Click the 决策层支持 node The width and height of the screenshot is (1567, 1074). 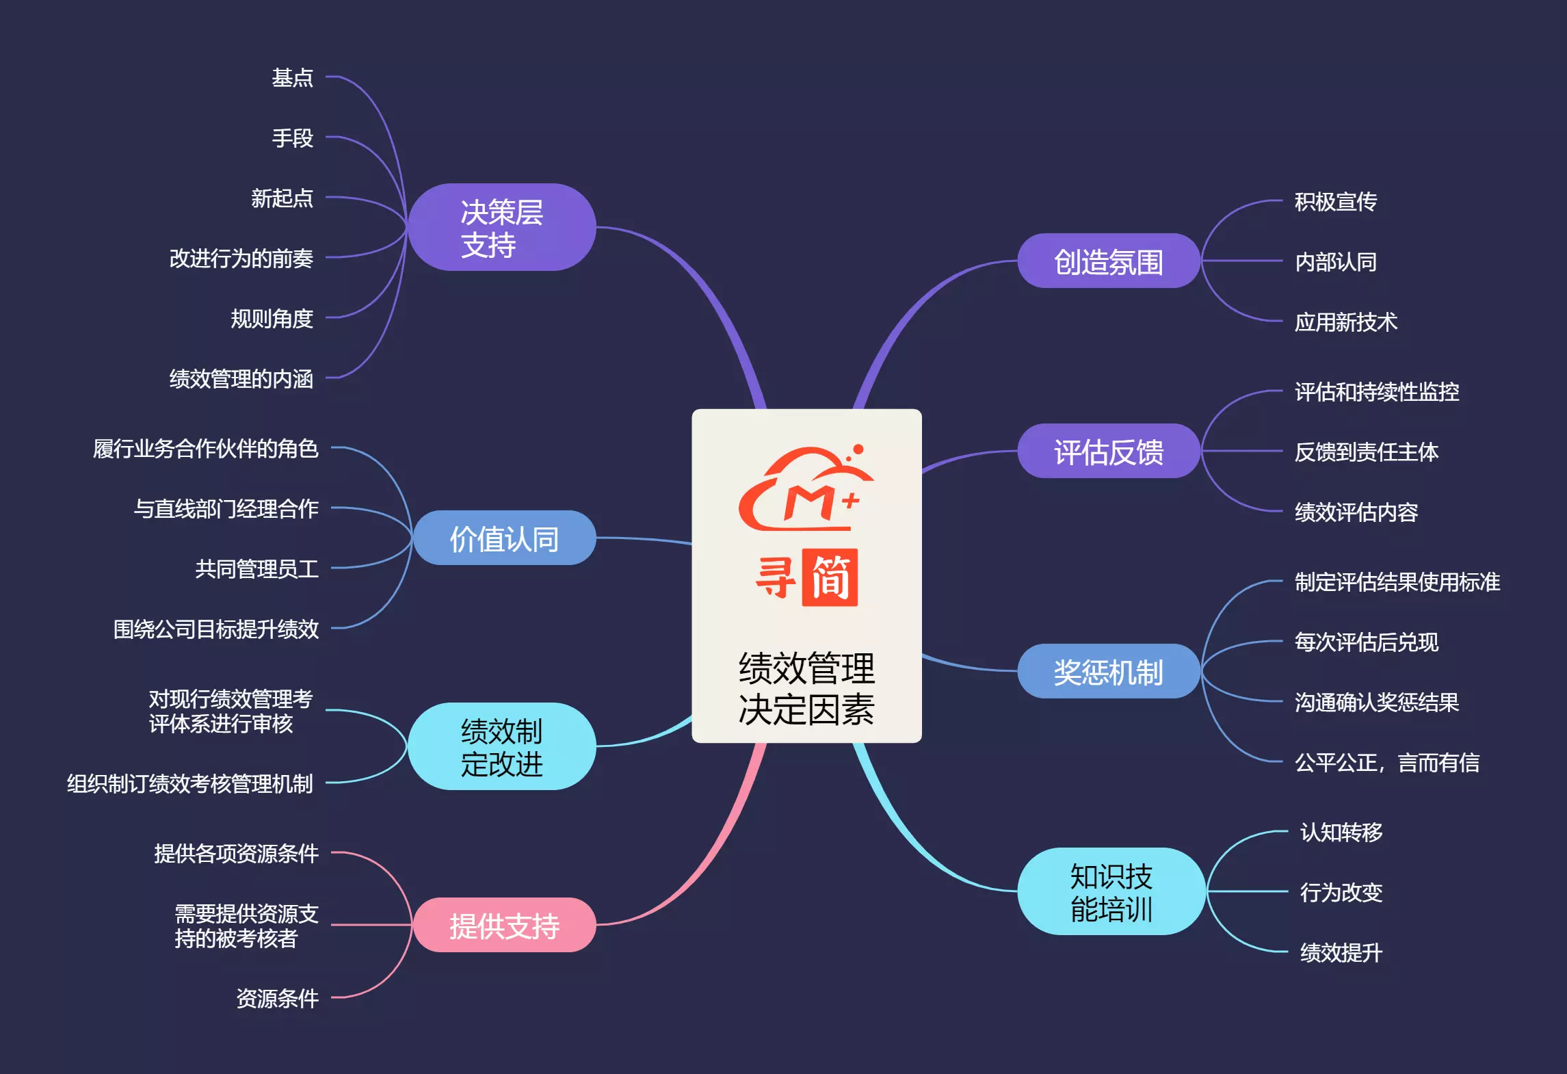(x=501, y=228)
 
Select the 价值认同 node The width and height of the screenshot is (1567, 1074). (x=504, y=538)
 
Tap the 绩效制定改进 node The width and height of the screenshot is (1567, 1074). (x=501, y=746)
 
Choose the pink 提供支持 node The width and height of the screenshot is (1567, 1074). (x=504, y=926)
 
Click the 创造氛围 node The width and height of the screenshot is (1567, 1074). (x=1108, y=261)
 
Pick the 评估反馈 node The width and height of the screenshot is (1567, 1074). (x=1108, y=451)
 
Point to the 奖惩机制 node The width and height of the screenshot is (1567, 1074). (x=1108, y=672)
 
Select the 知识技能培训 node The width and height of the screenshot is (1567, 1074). (x=1111, y=892)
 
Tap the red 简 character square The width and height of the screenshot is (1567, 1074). (x=830, y=578)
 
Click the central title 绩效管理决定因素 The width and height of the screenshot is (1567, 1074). (x=806, y=688)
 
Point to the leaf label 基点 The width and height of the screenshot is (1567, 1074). (x=292, y=78)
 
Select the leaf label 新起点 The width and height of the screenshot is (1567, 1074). (x=282, y=198)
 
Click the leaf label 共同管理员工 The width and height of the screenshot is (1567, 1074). (x=256, y=569)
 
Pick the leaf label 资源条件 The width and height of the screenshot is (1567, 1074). (x=277, y=999)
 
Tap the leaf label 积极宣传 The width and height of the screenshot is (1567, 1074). (x=1335, y=202)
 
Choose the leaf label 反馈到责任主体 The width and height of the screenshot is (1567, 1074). (x=1366, y=452)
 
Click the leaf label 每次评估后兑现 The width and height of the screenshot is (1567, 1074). (x=1366, y=642)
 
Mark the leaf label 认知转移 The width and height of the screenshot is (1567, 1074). (x=1341, y=833)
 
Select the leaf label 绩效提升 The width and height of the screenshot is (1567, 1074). (x=1341, y=953)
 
